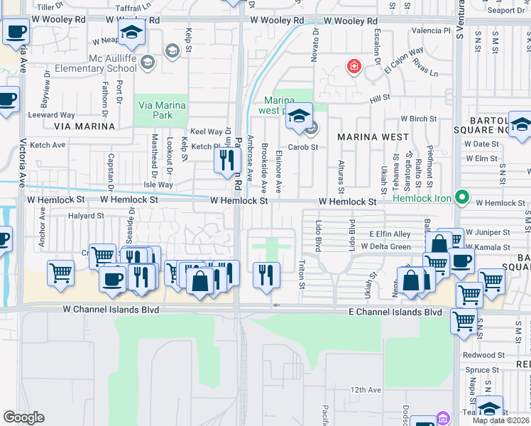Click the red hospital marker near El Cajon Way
coord(353,67)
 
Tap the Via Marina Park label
coord(162,110)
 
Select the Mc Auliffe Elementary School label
coord(113,63)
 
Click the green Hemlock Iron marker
coord(463,197)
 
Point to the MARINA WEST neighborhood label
coord(373,136)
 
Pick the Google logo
coord(23,417)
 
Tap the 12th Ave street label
coord(366,390)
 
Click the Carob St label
coord(302,147)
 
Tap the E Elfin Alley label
coord(390,234)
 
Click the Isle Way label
coord(158,185)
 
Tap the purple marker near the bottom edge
coord(444,417)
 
